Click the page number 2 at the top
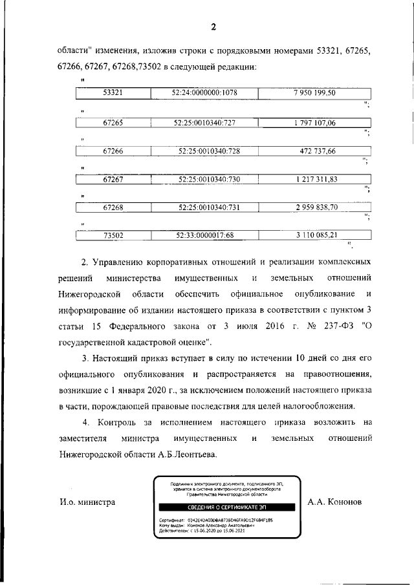pyautogui.click(x=211, y=27)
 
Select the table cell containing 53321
pyautogui.click(x=113, y=93)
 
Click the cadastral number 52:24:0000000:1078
pyautogui.click(x=204, y=93)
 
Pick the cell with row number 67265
pyautogui.click(x=113, y=122)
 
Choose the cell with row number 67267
pyautogui.click(x=113, y=179)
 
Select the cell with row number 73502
pyautogui.click(x=113, y=236)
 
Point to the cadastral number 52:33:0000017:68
pyautogui.click(x=204, y=236)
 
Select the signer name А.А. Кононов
pyautogui.click(x=335, y=501)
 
